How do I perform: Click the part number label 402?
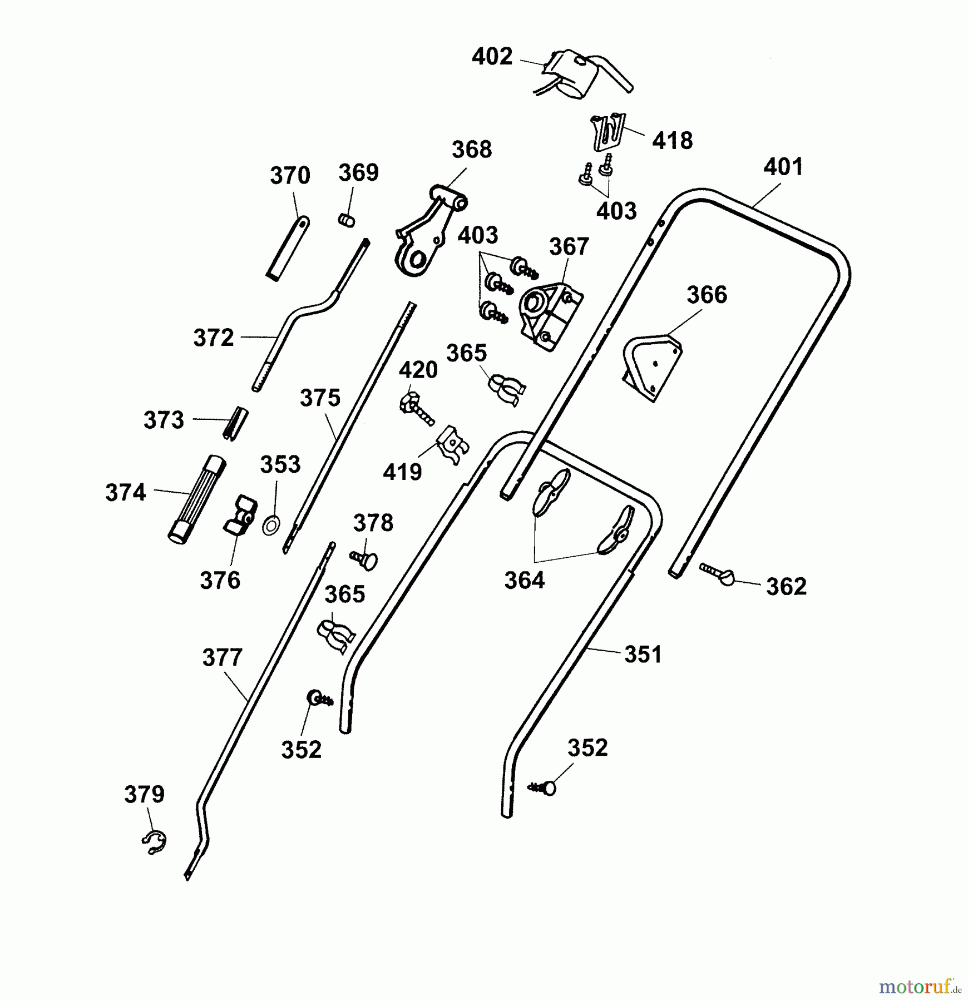(492, 57)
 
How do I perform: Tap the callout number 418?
(672, 141)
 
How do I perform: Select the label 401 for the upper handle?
(783, 167)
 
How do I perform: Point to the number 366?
(707, 295)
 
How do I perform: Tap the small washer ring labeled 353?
(271, 524)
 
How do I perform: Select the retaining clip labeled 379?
(154, 843)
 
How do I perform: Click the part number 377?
(222, 658)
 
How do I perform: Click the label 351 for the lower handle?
(643, 655)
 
